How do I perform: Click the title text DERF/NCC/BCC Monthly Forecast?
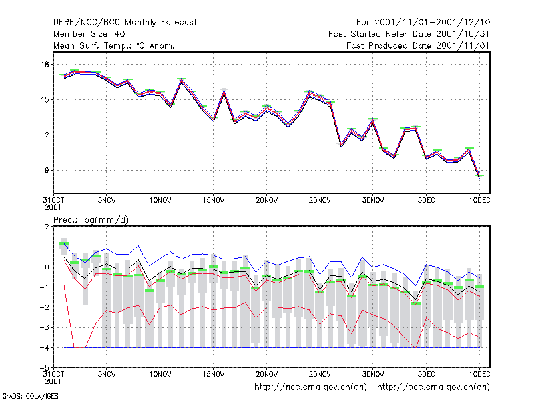(125, 23)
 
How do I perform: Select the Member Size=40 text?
(89, 34)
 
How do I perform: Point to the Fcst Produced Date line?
(418, 45)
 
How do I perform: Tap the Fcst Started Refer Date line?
(409, 34)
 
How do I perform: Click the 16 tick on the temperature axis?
(45, 64)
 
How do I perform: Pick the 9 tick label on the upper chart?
(47, 170)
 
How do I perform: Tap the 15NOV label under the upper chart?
(213, 200)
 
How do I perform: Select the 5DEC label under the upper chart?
(426, 200)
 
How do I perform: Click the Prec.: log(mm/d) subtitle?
(91, 220)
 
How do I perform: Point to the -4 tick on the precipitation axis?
(45, 347)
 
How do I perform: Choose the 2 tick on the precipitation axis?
(47, 227)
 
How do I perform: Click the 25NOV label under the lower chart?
(320, 374)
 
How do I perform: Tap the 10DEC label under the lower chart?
(479, 374)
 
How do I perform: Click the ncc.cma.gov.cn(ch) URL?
(310, 387)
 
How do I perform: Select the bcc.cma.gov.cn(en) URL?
(433, 387)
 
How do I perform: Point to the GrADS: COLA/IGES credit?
(31, 396)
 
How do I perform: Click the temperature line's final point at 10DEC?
(479, 177)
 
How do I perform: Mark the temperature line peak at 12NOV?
(181, 81)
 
